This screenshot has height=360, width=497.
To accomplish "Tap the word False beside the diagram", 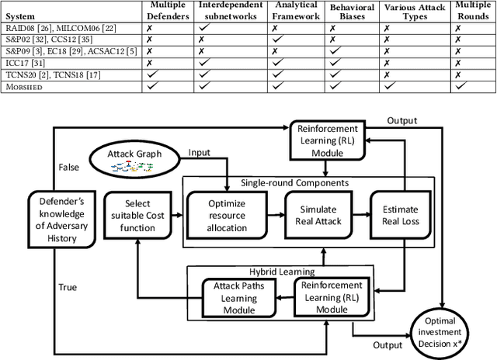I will coord(69,167).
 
